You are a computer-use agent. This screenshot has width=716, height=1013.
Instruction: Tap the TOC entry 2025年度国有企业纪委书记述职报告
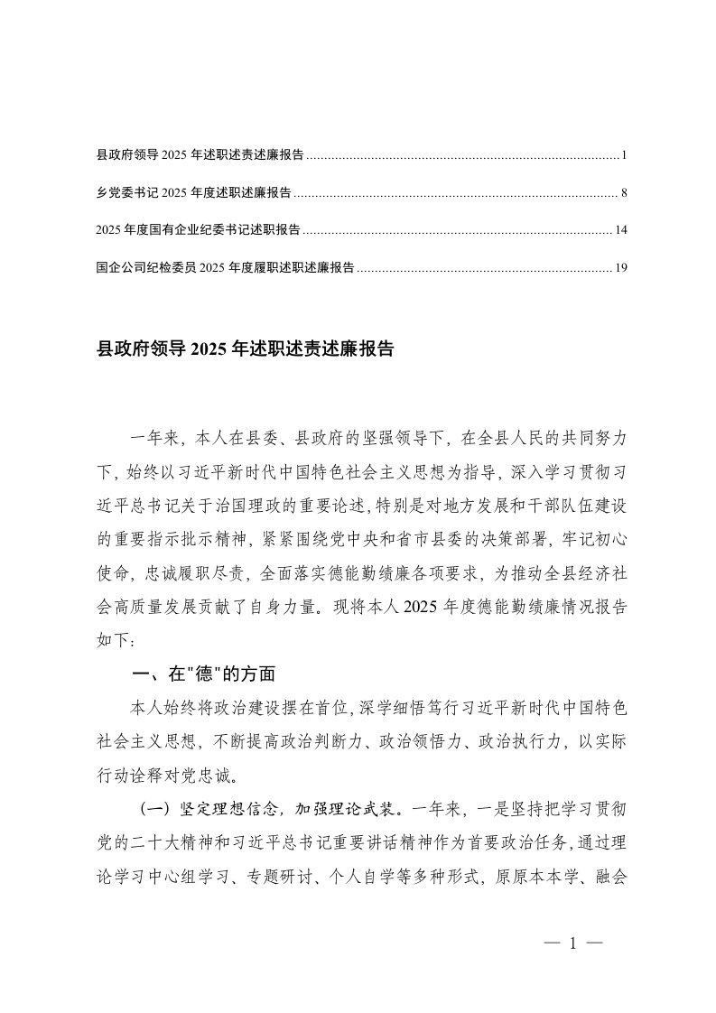[x=198, y=230]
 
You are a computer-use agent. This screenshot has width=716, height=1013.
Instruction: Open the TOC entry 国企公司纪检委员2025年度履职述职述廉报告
[x=225, y=267]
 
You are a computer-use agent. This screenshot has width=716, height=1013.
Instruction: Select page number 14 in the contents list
[x=621, y=230]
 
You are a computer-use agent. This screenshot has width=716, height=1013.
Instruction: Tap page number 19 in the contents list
[x=621, y=267]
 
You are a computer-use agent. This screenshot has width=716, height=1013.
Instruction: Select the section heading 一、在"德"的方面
[x=202, y=674]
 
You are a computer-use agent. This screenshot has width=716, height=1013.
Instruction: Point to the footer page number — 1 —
[x=573, y=944]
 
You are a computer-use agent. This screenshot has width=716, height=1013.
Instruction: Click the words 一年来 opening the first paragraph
[x=155, y=439]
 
